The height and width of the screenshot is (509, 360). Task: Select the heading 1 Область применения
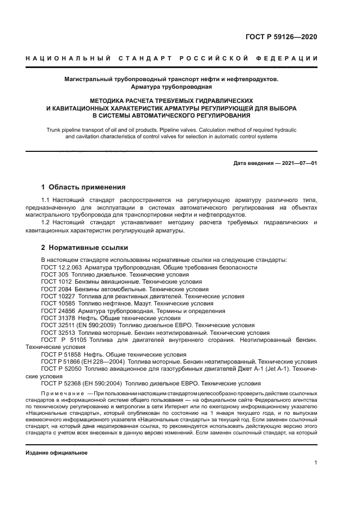tap(84, 187)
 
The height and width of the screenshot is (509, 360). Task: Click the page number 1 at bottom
tap(315, 463)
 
